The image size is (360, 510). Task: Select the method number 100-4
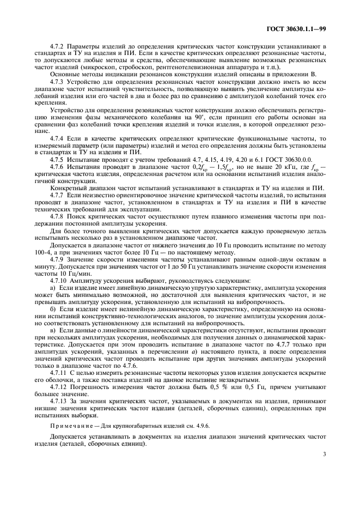[x=41, y=252]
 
